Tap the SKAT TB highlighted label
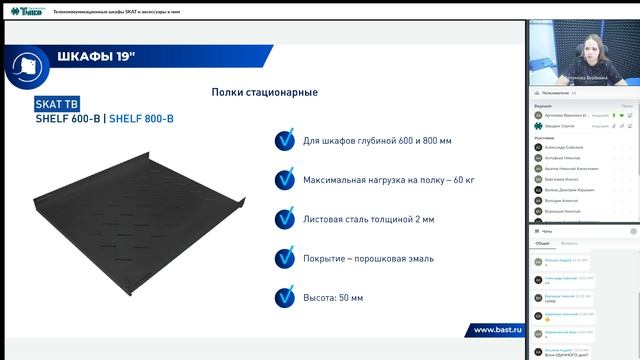click(x=55, y=103)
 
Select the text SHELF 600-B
click(x=67, y=118)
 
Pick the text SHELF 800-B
click(x=141, y=118)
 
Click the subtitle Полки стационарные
click(x=265, y=92)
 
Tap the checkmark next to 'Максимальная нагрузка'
click(x=285, y=180)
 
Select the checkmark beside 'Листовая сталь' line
click(x=285, y=219)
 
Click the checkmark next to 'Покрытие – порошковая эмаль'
click(x=285, y=258)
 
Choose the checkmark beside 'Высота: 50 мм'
click(x=285, y=297)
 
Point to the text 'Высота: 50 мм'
click(x=333, y=297)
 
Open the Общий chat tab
click(x=542, y=243)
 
